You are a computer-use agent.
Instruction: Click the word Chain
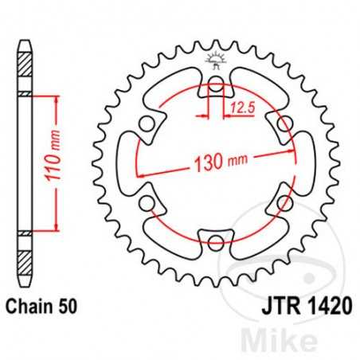(29, 303)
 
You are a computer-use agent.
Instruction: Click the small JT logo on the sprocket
(215, 58)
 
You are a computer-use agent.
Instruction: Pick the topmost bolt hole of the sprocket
(215, 86)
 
